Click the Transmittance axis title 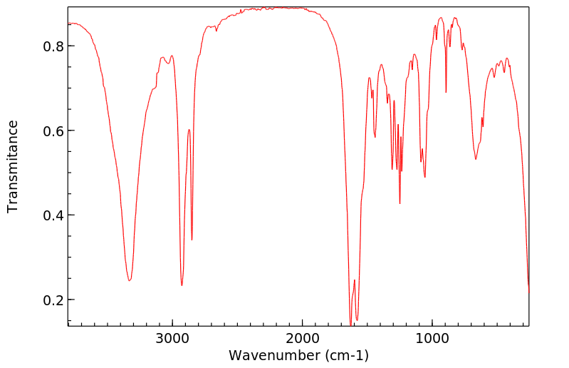[x=13, y=166]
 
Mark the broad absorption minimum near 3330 [x=130, y=280]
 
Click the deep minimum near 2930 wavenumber [x=182, y=285]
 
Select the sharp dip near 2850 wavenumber [x=192, y=240]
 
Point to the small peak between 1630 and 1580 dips [x=354, y=280]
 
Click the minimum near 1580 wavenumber [x=357, y=320]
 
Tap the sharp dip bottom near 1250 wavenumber [x=400, y=203]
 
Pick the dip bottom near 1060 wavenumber [x=425, y=177]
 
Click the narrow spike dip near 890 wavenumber [x=446, y=92]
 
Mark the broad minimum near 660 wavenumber [x=476, y=158]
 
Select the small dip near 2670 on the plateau [x=216, y=31]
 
